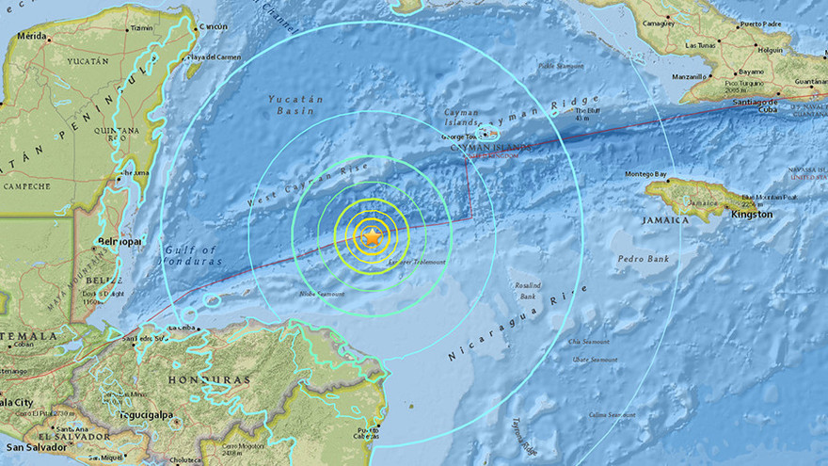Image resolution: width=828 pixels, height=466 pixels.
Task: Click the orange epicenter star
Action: point(372,237)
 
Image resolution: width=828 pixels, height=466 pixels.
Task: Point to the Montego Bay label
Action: point(645,174)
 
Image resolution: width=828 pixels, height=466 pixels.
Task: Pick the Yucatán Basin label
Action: point(295,105)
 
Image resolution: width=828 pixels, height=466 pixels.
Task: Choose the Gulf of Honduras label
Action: point(191,256)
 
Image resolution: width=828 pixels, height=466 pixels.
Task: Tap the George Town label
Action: point(460,137)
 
